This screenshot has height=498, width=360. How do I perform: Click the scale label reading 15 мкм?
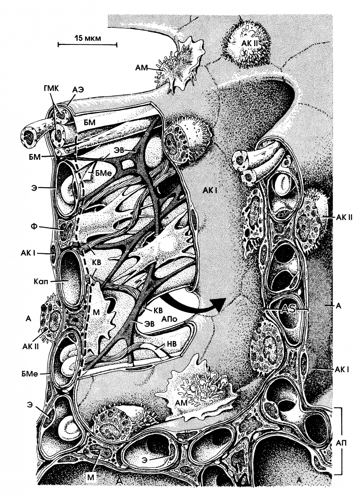(88, 38)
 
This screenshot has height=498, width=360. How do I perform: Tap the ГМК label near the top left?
(51, 89)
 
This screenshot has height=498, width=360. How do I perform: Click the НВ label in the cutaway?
(171, 344)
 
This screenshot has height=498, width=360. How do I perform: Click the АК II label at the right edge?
(344, 217)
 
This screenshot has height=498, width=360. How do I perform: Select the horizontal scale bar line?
(87, 45)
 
